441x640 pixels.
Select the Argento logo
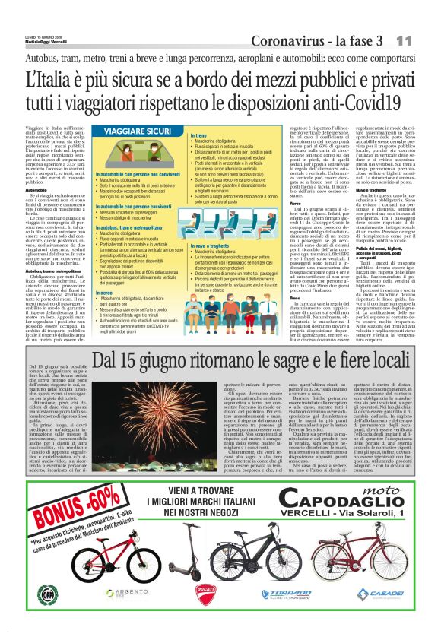pyautogui.click(x=120, y=593)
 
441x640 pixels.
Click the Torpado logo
pyautogui.click(x=286, y=594)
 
